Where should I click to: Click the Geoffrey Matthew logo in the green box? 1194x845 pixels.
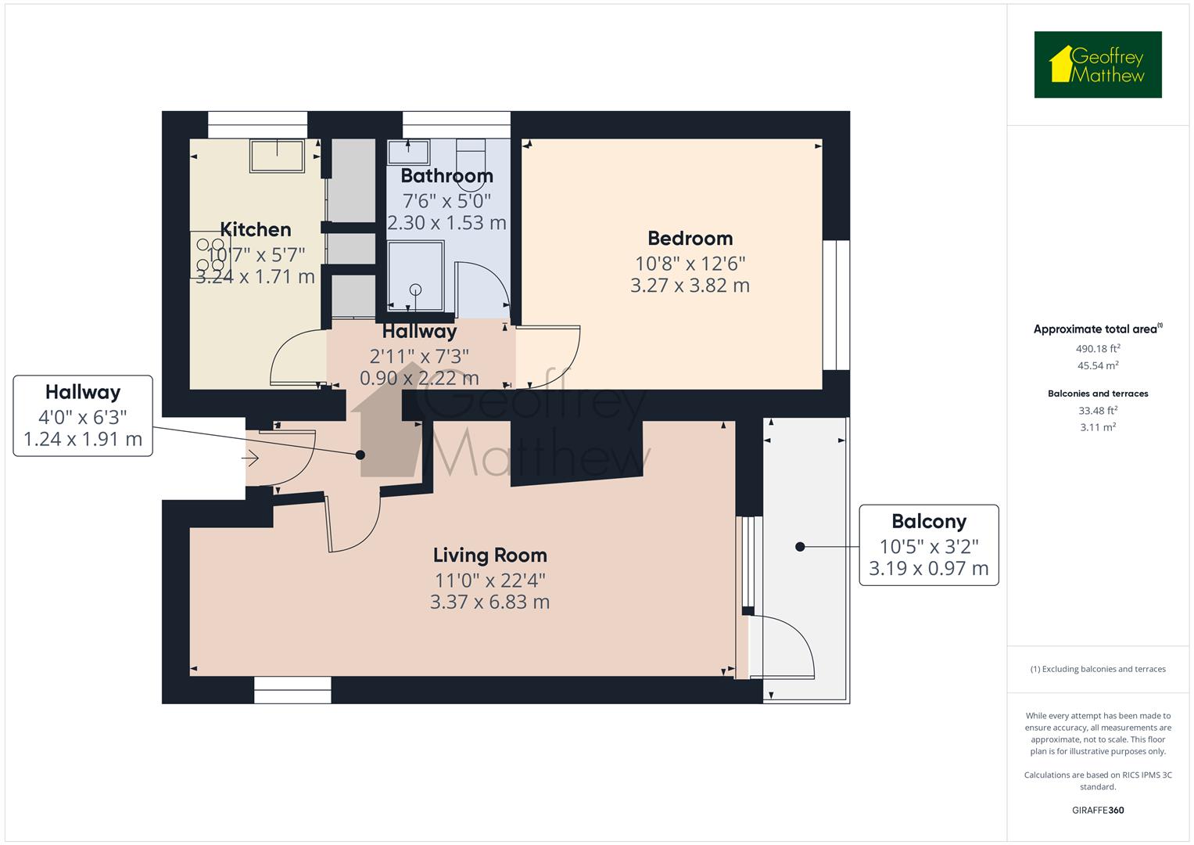pos(1098,64)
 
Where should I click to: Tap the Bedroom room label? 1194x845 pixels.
pos(690,239)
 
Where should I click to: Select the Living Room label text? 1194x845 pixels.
pos(489,556)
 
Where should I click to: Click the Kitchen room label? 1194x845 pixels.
pos(256,230)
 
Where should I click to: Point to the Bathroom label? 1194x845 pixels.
pos(446,176)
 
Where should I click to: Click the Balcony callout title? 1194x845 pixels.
pos(929,521)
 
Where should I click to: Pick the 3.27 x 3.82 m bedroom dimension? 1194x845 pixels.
pos(690,286)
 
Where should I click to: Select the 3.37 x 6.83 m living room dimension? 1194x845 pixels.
pos(489,602)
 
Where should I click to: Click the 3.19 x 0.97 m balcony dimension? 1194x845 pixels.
pos(929,568)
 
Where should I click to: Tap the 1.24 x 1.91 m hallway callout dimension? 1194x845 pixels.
pos(83,439)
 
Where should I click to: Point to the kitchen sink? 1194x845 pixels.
pos(277,156)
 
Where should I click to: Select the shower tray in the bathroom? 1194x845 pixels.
pos(416,275)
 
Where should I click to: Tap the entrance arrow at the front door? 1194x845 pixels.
pos(250,458)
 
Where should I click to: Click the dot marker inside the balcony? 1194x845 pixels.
pos(800,547)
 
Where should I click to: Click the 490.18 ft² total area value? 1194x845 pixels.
pos(1098,348)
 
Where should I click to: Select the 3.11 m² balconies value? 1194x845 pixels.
pos(1098,426)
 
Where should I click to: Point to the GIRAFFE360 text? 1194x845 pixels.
pos(1098,810)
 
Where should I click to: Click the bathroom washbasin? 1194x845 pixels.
pos(408,152)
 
